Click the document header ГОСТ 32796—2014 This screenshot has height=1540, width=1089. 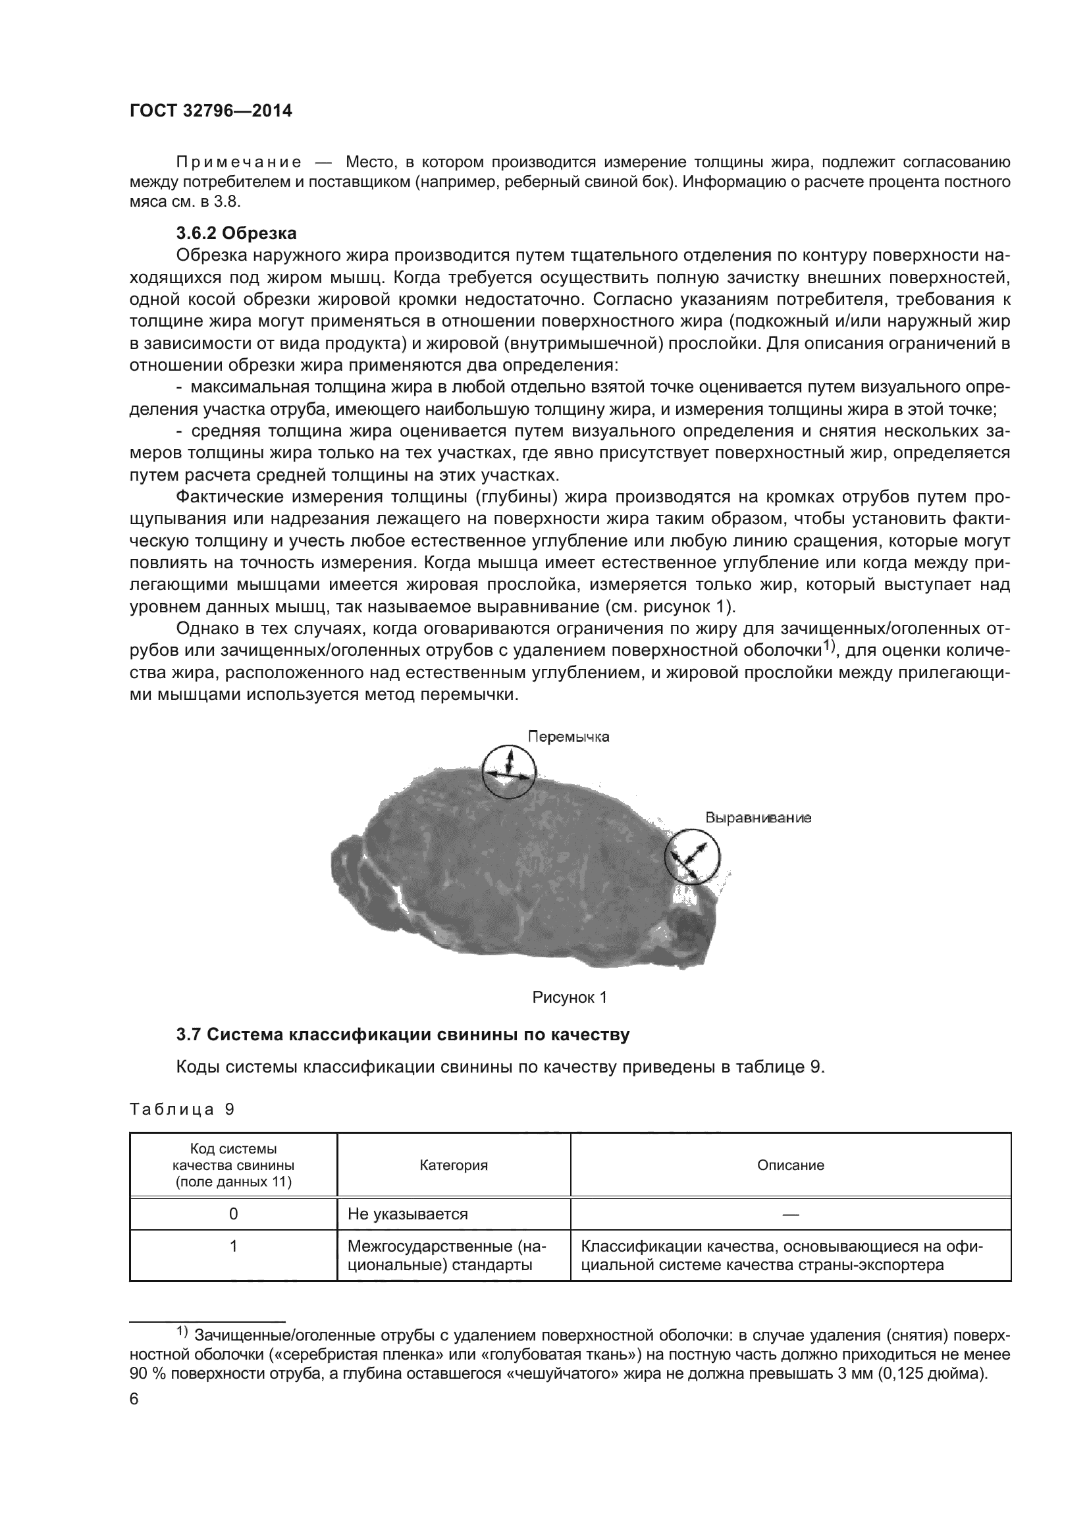pyautogui.click(x=211, y=111)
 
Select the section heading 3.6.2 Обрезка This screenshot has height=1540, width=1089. pyautogui.click(x=236, y=234)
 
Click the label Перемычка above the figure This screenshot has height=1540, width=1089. pyautogui.click(x=568, y=737)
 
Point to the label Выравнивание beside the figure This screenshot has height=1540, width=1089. pyautogui.click(x=758, y=818)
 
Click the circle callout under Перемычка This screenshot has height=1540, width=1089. pyautogui.click(x=509, y=772)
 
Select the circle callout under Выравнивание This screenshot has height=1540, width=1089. pyautogui.click(x=692, y=856)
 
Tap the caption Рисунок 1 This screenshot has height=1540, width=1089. pyautogui.click(x=570, y=997)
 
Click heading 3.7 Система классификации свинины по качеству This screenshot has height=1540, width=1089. pyautogui.click(x=402, y=1035)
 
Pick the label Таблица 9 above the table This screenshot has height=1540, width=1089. pyautogui.click(x=182, y=1109)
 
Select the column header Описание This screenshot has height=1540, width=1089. pyautogui.click(x=790, y=1165)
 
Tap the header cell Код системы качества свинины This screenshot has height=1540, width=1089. pyautogui.click(x=232, y=1165)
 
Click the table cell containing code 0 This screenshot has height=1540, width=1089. pyautogui.click(x=232, y=1214)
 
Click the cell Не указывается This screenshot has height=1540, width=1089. pyautogui.click(x=408, y=1214)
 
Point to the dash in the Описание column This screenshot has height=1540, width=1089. pyautogui.click(x=790, y=1214)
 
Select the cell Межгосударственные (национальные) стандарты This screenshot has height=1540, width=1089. pyautogui.click(x=447, y=1256)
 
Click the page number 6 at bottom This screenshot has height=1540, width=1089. pyautogui.click(x=134, y=1399)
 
